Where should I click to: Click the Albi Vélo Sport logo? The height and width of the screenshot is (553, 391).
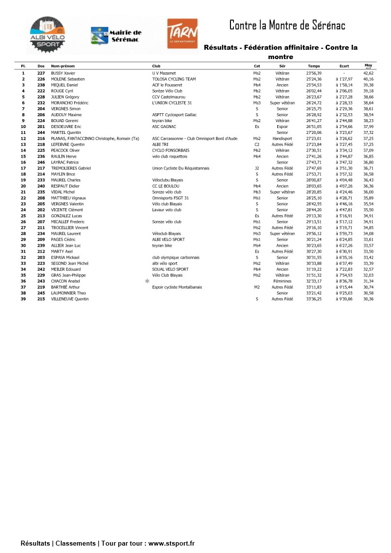click(x=47, y=34)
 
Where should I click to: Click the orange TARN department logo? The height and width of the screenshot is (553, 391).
click(x=182, y=33)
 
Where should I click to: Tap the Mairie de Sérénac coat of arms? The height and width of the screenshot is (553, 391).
click(x=99, y=35)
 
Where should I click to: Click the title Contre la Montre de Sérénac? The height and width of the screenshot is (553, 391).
click(x=287, y=25)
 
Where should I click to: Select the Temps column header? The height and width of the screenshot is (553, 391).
click(x=313, y=66)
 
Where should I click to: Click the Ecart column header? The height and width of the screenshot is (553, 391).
click(x=344, y=66)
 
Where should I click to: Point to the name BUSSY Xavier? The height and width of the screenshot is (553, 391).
click(x=63, y=73)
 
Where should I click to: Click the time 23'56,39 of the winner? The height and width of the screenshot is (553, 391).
click(x=314, y=73)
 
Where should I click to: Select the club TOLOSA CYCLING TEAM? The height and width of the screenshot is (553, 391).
click(x=174, y=79)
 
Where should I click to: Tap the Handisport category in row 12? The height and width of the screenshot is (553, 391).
click(x=282, y=138)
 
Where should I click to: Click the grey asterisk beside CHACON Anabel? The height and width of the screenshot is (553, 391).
click(x=147, y=281)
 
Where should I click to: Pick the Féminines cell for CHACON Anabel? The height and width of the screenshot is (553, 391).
click(x=282, y=281)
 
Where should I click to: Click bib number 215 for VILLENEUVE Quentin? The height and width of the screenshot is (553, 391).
click(x=41, y=299)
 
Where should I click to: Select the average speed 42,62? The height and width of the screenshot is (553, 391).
click(x=368, y=73)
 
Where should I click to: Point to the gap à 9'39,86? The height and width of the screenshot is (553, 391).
click(x=344, y=299)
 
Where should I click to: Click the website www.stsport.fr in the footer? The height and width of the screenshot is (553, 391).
click(x=171, y=543)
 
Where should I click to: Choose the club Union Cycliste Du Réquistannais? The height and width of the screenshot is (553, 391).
click(x=181, y=168)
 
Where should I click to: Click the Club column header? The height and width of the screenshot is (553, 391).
click(x=156, y=66)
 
